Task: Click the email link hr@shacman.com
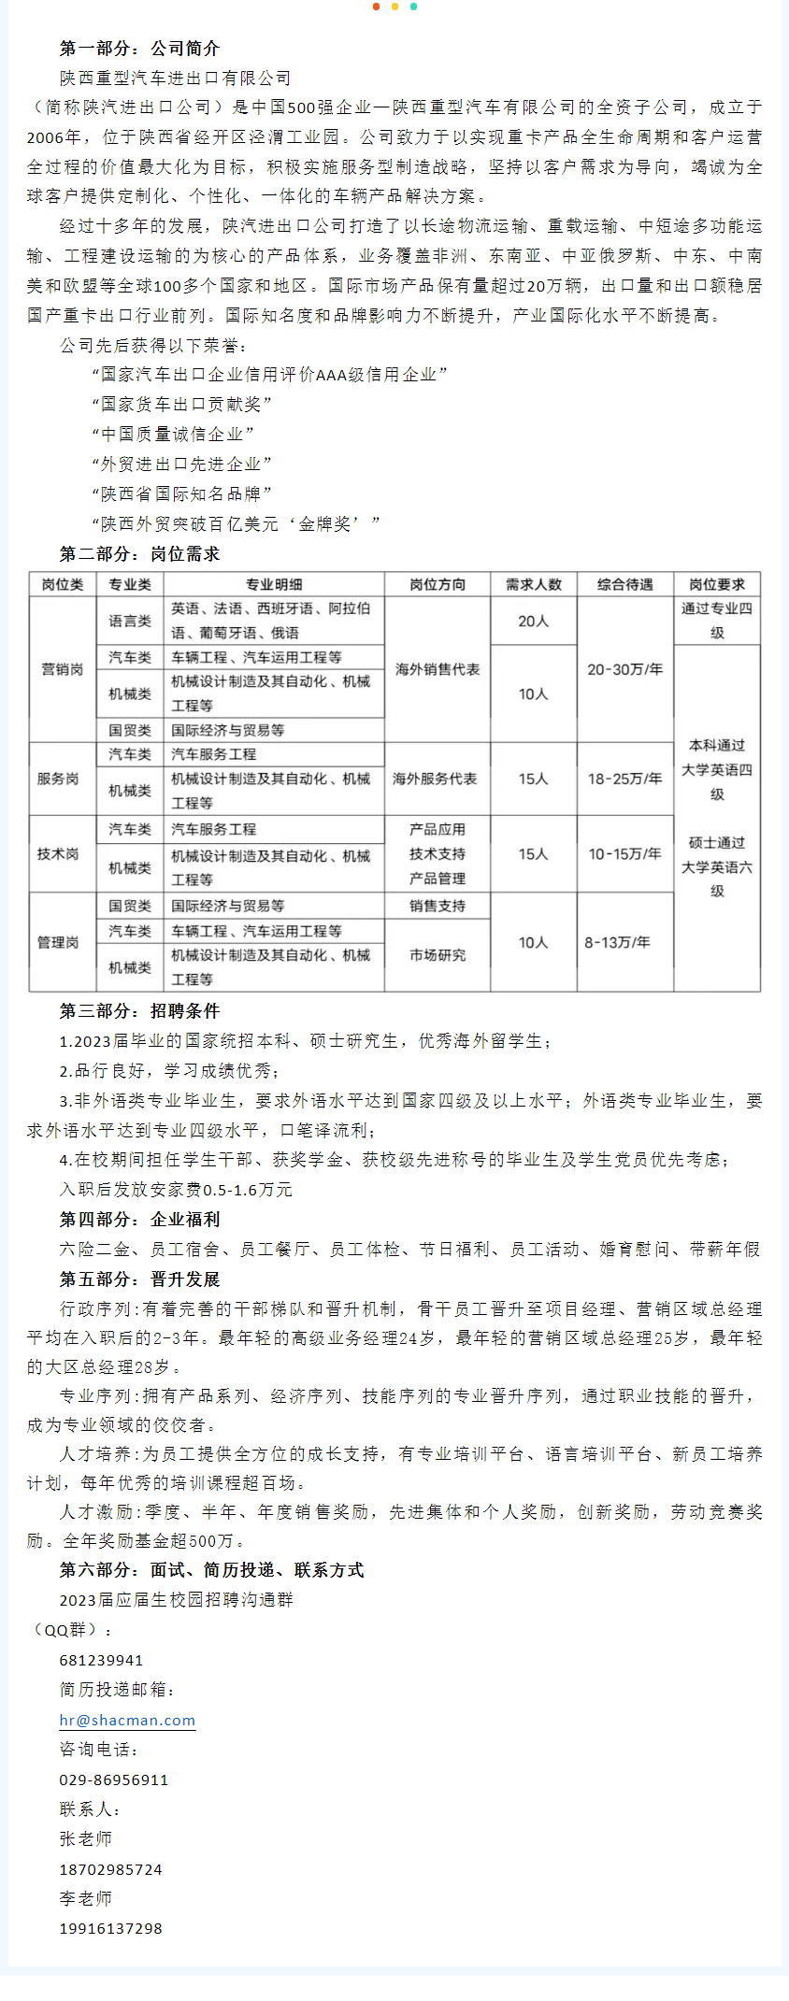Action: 127,1720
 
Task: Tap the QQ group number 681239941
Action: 101,1660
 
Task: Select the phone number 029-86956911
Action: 113,1779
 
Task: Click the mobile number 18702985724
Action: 110,1869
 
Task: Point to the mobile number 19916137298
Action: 110,1928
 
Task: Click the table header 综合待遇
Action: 624,584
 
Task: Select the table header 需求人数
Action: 533,584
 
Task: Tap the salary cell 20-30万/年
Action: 624,669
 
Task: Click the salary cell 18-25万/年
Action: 624,779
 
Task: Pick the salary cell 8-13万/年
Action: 617,942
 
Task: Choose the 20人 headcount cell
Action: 533,621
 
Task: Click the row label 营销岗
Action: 62,669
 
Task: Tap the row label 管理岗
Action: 58,942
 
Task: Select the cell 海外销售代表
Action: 437,669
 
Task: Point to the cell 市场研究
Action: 437,955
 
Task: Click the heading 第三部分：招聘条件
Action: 139,1010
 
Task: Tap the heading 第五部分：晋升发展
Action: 139,1279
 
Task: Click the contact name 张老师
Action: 85,1838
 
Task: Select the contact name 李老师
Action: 85,1898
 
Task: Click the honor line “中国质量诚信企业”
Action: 173,434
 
